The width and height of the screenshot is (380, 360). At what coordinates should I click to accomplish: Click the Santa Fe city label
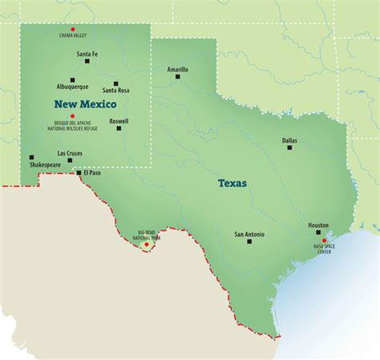coord(87,54)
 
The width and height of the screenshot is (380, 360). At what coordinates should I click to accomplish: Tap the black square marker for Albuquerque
coord(73,79)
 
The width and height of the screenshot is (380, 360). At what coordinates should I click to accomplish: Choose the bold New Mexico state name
coord(85,104)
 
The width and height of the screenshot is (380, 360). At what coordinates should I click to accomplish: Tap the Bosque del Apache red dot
coord(73,115)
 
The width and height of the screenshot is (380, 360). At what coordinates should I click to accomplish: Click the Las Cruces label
coord(70,152)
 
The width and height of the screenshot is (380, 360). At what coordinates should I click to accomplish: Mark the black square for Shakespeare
coord(32,157)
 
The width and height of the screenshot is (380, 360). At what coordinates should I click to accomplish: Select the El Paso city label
coord(92,172)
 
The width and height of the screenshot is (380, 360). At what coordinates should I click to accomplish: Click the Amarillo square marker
coord(178,77)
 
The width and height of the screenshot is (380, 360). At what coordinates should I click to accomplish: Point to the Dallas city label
coord(289,140)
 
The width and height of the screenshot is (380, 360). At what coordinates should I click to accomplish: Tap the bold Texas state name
coord(232,184)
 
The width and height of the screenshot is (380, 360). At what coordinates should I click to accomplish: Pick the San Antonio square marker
coord(249,241)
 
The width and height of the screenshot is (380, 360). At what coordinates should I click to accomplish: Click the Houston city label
coord(318,225)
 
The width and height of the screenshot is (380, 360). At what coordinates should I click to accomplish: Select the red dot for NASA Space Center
coord(325,241)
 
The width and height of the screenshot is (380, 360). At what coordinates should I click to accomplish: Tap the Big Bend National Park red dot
coord(146,244)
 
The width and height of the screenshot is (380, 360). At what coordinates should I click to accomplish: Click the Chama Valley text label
coord(73,36)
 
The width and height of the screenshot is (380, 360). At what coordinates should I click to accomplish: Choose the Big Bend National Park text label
coord(145,235)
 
